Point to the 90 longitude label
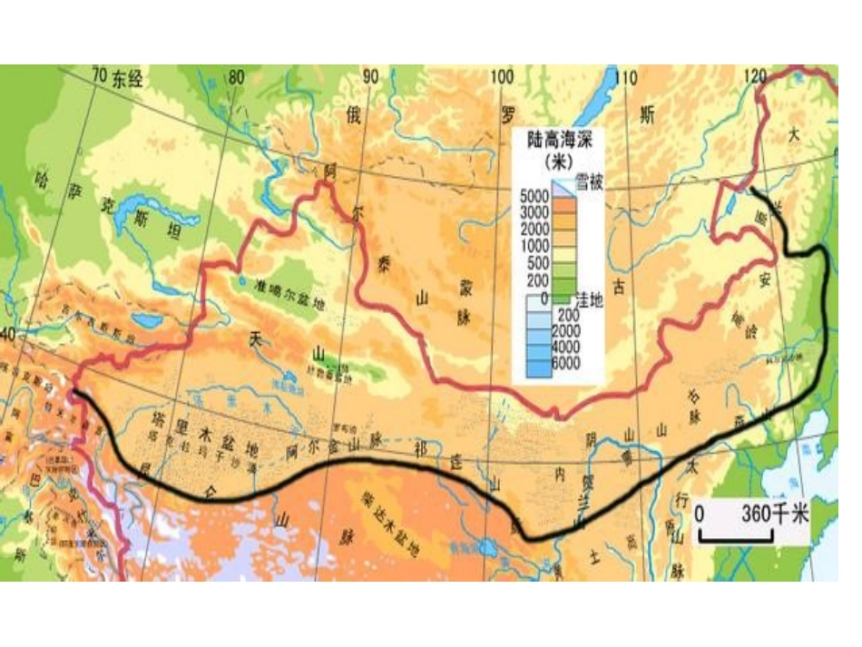(x=369, y=77)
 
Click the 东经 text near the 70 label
(x=128, y=80)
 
